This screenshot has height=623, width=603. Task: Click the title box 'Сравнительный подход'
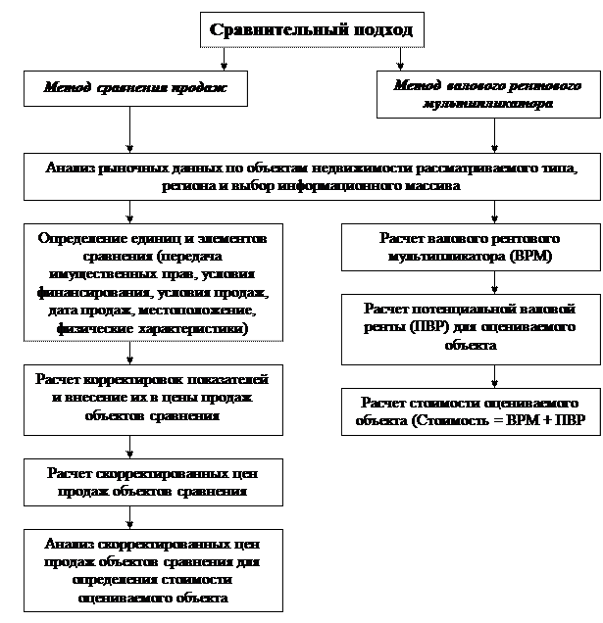pos(312,29)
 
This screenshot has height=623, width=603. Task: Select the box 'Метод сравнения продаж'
pos(135,88)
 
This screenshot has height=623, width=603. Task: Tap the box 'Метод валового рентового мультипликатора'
pos(488,95)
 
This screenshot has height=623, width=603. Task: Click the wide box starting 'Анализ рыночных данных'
pos(312,176)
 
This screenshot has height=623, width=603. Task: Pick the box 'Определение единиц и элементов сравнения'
pos(153,282)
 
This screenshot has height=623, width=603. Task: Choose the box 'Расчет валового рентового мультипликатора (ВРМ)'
pos(471,247)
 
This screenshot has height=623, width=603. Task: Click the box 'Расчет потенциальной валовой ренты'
pos(471,329)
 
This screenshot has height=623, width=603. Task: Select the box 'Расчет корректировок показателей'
pos(153,400)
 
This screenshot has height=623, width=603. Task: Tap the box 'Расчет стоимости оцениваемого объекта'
pos(471,411)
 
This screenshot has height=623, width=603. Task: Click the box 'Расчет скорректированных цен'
pos(153,482)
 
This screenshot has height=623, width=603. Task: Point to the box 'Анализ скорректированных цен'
pos(153,570)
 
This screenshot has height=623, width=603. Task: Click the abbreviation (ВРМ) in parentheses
pos(531,256)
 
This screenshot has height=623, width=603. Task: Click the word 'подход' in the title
pos(382,30)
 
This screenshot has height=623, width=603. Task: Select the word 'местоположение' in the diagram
pos(197,310)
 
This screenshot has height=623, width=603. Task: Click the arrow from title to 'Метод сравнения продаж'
pos(224,59)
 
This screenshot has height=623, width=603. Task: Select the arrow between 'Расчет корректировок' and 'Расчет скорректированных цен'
pos(129,447)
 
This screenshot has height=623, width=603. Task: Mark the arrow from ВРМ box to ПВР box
pos(494,282)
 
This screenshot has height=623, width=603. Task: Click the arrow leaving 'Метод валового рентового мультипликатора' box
pos(494,135)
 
